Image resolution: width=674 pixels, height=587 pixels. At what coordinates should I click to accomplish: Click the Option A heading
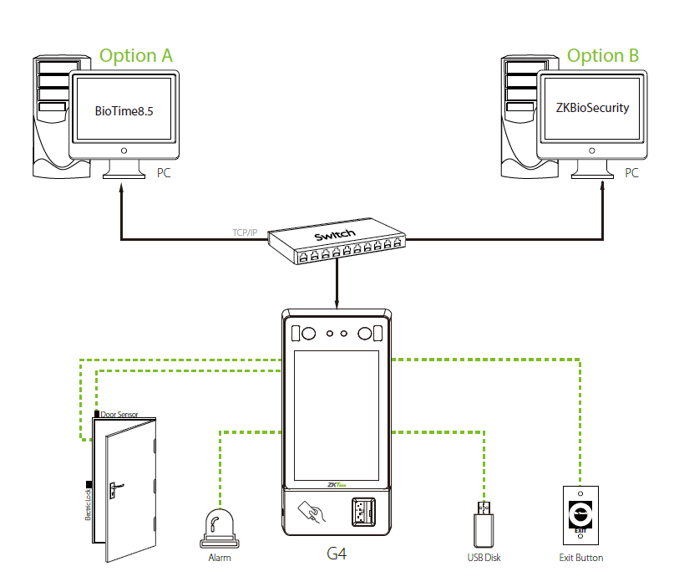point(136,56)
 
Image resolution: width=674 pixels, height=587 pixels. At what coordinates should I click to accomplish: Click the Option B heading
point(603,56)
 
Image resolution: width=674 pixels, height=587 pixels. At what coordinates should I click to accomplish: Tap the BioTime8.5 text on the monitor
point(124,109)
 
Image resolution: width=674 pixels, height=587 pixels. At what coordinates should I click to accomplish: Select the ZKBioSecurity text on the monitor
point(592,109)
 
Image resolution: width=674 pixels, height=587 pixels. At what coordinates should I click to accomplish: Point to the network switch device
point(337,243)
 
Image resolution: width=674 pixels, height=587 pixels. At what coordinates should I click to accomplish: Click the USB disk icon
point(484,524)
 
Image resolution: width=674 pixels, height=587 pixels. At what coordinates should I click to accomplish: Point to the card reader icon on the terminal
point(312,511)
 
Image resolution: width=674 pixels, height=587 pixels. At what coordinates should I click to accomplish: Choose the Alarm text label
point(219,557)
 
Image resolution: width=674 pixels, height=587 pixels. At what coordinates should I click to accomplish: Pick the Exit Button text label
point(580,557)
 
